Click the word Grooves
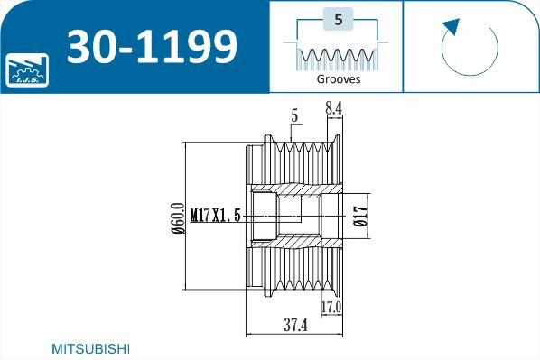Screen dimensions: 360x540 pos(339,79)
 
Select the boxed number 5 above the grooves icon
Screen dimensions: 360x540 pos(338,19)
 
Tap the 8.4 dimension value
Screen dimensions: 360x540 pos(333,109)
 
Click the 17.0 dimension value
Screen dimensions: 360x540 pos(331,308)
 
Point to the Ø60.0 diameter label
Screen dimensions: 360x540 pos(178,217)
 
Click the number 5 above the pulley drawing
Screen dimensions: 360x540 pos(295,115)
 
